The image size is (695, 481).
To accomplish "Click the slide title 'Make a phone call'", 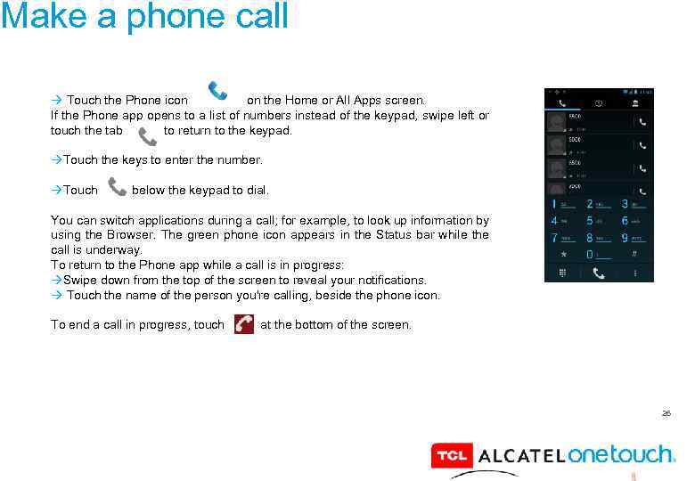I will [144, 16].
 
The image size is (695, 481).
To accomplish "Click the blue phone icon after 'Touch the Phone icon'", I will [217, 92].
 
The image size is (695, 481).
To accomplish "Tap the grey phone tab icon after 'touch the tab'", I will [147, 135].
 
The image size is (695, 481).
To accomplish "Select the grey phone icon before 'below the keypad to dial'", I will [117, 187].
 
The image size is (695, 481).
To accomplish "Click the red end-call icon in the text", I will [243, 324].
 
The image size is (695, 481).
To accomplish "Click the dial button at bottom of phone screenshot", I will [599, 273].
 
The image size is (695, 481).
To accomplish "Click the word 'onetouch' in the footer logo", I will [620, 454].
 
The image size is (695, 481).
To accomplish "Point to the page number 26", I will [665, 413].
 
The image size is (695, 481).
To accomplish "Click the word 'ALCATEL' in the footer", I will [521, 457].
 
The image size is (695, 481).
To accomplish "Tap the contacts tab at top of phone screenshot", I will [635, 103].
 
